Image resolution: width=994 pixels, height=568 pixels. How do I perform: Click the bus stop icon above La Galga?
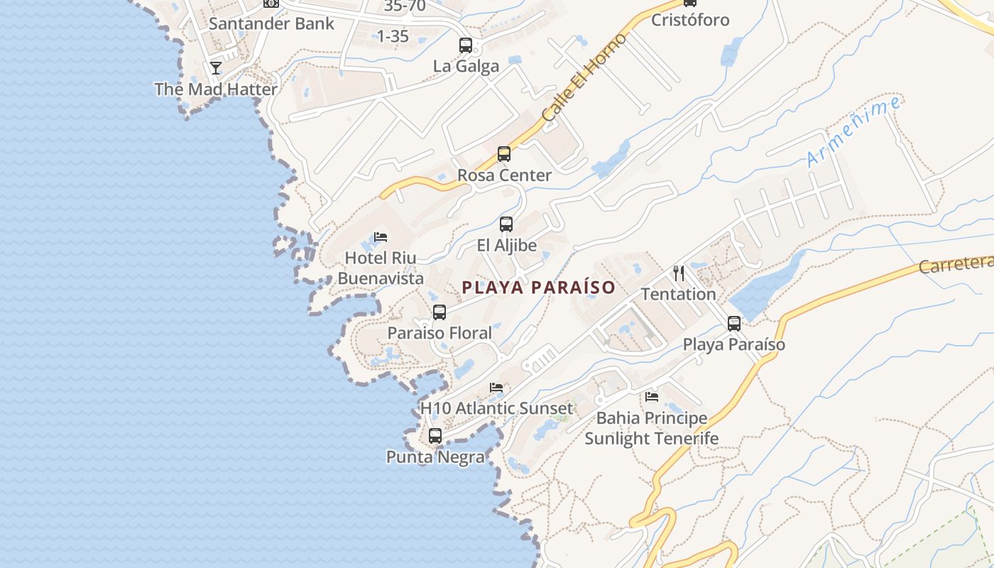466,45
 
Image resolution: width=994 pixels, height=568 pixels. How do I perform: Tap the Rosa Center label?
504,175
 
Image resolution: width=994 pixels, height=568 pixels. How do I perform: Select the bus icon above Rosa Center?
504,153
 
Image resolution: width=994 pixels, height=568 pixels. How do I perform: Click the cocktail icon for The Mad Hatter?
216,68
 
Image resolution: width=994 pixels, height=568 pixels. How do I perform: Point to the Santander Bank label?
271,23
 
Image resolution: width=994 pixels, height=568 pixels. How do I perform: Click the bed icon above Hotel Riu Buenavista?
381,237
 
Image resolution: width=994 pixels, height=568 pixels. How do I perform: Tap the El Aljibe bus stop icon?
506,224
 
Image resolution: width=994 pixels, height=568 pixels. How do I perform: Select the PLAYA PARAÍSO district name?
538,288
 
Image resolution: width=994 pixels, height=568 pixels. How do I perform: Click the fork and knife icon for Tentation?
679,273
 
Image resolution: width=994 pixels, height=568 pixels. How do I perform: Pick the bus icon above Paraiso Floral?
439,312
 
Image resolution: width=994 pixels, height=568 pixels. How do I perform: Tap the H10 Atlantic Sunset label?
496,408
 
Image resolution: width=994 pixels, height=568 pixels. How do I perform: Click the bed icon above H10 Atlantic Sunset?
496,388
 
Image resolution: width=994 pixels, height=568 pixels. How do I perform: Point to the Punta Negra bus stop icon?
435,436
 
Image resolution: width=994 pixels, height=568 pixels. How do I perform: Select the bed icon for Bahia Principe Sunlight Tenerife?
652,396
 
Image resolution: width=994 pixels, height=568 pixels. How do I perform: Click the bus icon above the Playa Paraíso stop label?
734,324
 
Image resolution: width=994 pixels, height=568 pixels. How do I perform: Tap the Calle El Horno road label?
584,77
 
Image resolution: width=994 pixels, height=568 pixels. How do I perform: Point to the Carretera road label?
956,264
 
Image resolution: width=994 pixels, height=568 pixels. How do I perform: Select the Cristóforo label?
690,20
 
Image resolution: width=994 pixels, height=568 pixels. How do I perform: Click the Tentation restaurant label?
679,294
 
